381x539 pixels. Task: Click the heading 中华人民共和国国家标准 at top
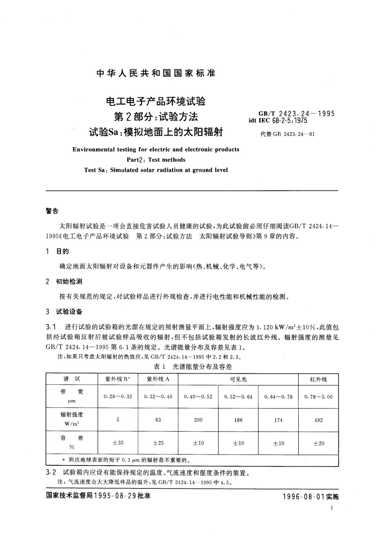click(x=156, y=73)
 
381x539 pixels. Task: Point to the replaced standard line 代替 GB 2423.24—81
click(x=288, y=134)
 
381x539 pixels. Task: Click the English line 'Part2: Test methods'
click(x=156, y=160)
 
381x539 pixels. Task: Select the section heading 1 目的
click(x=57, y=251)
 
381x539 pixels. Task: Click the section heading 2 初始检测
click(x=64, y=281)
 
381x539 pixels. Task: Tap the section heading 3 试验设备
click(x=64, y=311)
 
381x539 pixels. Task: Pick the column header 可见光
click(x=238, y=379)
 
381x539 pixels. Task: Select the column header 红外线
click(x=318, y=379)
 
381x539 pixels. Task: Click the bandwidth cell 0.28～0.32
click(x=118, y=396)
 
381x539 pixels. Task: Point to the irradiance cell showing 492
click(x=318, y=420)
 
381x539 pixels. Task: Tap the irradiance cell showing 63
click(x=158, y=420)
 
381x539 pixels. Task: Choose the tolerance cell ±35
click(x=118, y=443)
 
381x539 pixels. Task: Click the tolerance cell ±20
click(x=318, y=443)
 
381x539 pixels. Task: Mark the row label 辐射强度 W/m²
click(x=72, y=419)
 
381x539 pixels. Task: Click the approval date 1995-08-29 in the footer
click(x=115, y=496)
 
